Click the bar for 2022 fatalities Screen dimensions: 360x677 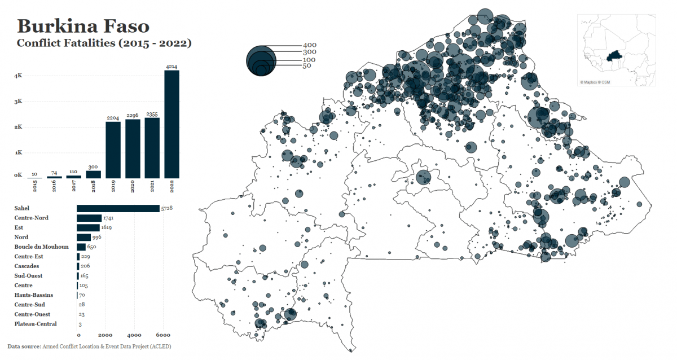[172, 124]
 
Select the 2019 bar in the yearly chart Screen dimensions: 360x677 [113, 150]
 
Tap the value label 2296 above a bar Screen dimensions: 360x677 [133, 115]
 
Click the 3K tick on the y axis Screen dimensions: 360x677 [18, 102]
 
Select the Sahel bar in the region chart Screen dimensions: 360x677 [118, 209]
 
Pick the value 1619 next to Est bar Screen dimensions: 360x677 [108, 227]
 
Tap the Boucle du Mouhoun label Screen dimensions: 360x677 [41, 247]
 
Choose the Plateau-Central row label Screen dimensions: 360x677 [36, 324]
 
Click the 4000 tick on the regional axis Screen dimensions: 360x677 [134, 335]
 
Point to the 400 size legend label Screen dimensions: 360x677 [310, 45]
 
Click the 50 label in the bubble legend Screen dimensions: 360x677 [307, 66]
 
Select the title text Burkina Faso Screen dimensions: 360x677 [83, 26]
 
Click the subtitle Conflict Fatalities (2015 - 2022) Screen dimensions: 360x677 [104, 43]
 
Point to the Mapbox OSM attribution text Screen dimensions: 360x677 [595, 82]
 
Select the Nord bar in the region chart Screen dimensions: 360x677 [83, 237]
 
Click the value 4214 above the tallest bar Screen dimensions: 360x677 [172, 67]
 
